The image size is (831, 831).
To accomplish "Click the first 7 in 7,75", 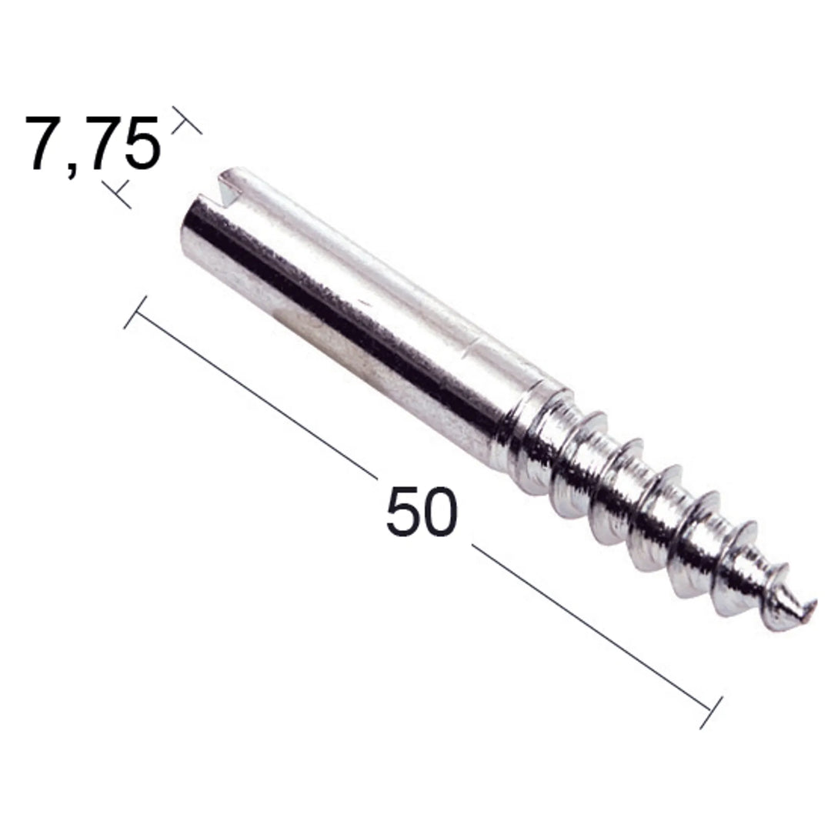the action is click(48, 143).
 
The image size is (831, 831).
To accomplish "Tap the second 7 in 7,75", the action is click(104, 143).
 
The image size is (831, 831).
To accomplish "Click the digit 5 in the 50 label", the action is click(404, 511).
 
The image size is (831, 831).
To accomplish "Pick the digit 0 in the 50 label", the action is click(440, 511).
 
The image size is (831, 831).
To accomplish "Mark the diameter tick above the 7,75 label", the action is click(186, 120).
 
